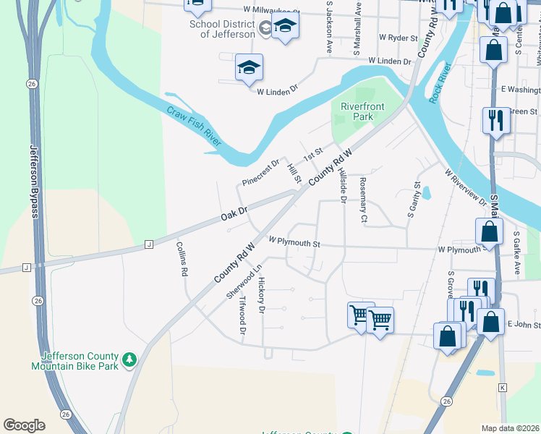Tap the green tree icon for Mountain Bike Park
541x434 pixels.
[x=129, y=359]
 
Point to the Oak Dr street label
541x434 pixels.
[x=234, y=214]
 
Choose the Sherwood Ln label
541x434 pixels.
[x=242, y=281]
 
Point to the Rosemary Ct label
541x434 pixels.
[x=363, y=200]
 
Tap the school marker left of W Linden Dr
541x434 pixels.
[x=249, y=68]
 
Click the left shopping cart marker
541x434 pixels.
[x=360, y=315]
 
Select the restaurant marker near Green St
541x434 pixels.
[x=495, y=119]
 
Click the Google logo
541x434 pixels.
[x=24, y=425]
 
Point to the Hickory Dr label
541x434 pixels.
[x=262, y=296]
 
